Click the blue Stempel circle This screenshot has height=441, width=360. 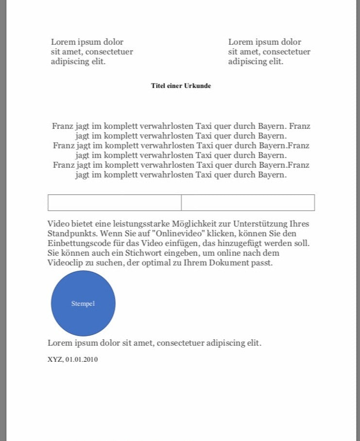click(83, 303)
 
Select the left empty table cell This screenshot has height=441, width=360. click(114, 203)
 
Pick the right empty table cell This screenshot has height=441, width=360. click(248, 203)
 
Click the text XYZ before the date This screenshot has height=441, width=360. click(54, 360)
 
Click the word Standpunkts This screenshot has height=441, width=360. click(71, 234)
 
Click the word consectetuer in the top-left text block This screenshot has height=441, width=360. click(107, 52)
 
